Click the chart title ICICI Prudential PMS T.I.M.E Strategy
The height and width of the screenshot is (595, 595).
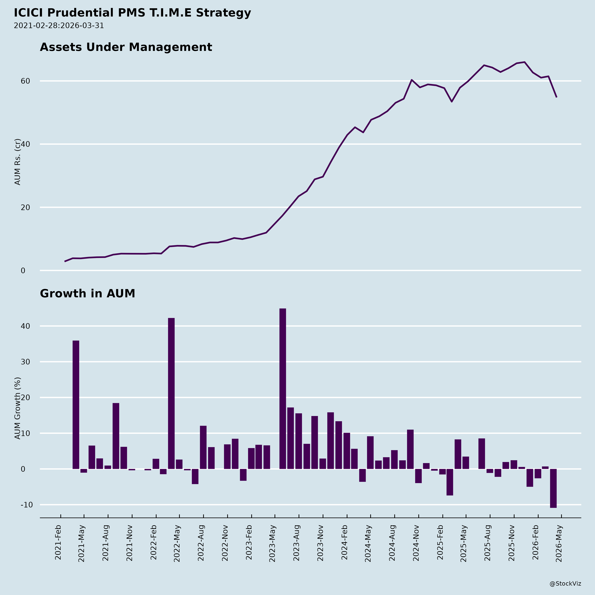132,13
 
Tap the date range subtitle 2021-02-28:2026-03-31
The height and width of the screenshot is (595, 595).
59,26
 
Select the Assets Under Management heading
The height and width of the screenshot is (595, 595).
126,47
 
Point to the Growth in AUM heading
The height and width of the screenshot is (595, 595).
87,294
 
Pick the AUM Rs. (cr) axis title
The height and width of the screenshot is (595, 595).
18,162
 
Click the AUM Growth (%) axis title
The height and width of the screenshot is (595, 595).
18,408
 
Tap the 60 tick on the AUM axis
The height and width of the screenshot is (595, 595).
25,81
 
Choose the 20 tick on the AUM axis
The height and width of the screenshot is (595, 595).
25,207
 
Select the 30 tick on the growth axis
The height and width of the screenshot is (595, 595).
25,362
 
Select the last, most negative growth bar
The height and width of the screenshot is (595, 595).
553,488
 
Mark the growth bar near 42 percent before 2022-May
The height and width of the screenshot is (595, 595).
171,393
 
